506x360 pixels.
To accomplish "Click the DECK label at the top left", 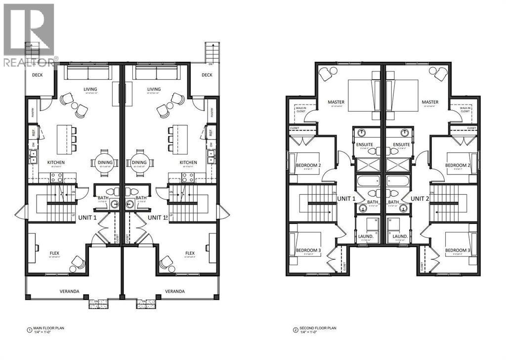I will tap(38, 75).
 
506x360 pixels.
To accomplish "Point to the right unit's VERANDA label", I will tap(175, 291).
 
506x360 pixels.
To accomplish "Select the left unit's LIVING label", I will tap(90, 90).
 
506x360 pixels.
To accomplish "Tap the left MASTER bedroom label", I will tap(336, 103).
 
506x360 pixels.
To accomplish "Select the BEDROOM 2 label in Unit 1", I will tap(308, 165).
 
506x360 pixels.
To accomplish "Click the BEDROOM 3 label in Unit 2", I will tap(458, 250).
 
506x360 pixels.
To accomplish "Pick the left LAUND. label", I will tap(366, 237).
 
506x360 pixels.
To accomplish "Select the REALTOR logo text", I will tap(30, 62).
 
